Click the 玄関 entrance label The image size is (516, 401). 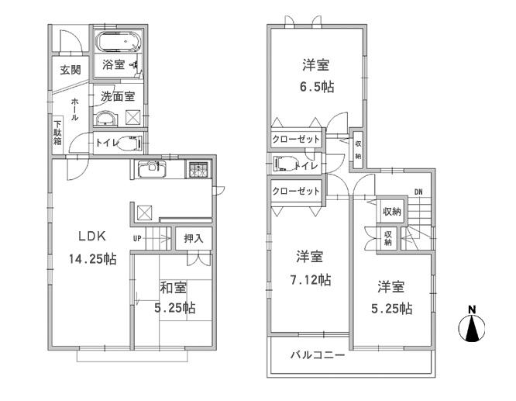(71, 70)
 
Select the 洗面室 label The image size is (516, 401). (118, 97)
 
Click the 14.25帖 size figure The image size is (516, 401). (91, 260)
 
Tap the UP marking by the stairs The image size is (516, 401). (137, 238)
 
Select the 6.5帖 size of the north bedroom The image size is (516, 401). (317, 87)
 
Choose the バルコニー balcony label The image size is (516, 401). (318, 356)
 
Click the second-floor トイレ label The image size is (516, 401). (304, 164)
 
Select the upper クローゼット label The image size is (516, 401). (296, 139)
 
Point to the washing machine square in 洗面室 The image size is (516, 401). (133, 119)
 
